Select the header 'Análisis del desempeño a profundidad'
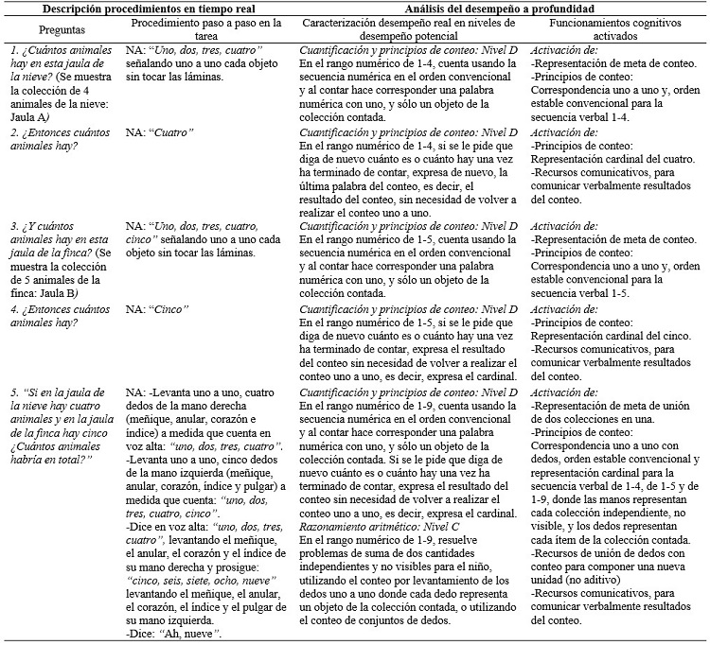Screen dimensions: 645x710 point(499,8)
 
